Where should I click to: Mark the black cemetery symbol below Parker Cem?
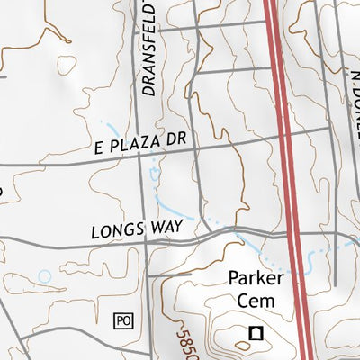tap(255, 335)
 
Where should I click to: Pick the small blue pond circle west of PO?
tap(44, 275)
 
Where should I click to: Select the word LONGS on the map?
tap(118, 231)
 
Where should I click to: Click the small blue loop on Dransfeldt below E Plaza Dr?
tap(154, 173)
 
